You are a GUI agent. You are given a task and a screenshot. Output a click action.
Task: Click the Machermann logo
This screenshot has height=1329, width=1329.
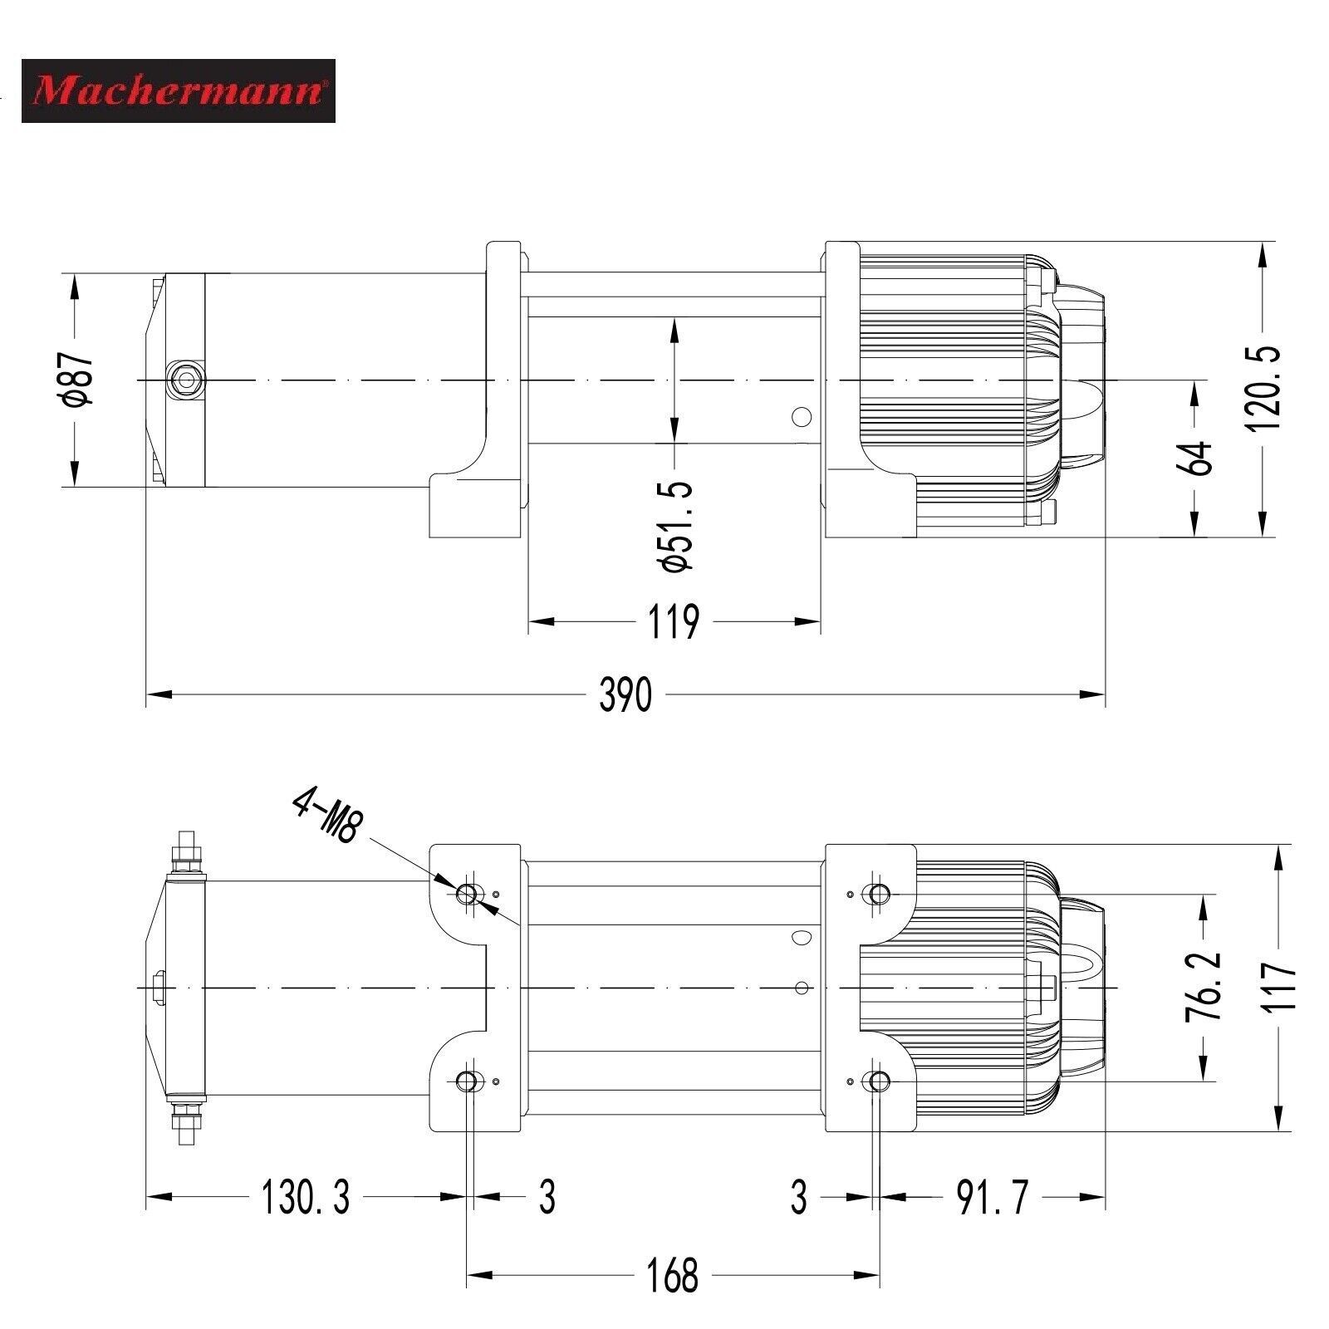[178, 91]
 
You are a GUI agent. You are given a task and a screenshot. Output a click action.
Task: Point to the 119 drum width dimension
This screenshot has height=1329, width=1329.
[674, 621]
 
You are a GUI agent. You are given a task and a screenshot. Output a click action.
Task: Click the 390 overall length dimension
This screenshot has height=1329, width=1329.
[626, 694]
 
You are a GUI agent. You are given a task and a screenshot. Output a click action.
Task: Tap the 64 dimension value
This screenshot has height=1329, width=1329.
[1196, 459]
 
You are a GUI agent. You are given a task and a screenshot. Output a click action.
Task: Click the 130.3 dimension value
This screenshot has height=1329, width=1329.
[306, 1197]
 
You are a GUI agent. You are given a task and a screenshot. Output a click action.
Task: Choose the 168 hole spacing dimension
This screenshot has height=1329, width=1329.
[673, 1275]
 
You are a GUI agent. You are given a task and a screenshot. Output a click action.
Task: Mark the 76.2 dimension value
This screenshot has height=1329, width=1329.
[1207, 987]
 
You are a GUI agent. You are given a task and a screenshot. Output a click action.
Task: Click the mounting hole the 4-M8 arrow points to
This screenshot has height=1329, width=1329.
[467, 894]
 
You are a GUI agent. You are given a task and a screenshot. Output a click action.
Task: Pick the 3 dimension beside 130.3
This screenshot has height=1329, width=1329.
[547, 1197]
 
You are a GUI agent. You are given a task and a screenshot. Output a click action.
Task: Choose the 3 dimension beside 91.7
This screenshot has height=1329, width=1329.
[798, 1197]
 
